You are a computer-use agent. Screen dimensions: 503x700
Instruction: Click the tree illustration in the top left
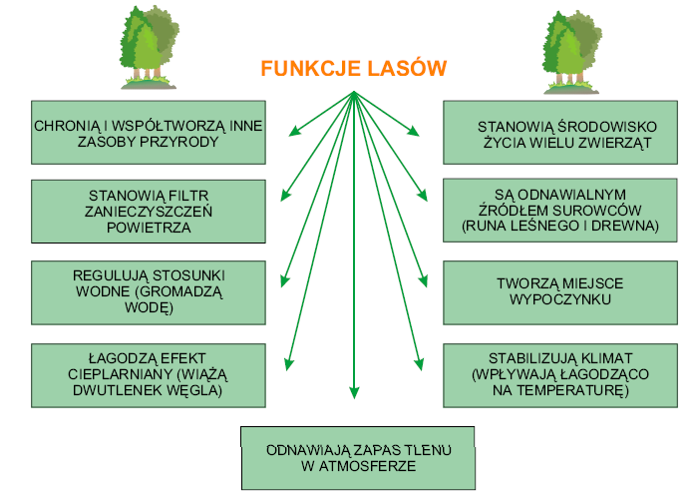point(147,44)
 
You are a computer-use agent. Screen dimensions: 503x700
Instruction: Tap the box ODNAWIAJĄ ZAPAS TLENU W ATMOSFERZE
point(359,458)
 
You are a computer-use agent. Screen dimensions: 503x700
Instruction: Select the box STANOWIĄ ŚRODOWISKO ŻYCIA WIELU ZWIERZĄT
point(563,134)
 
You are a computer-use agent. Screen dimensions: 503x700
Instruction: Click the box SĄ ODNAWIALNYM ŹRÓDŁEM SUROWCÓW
point(563,211)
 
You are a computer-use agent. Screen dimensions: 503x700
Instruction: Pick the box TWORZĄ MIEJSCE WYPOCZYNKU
point(563,291)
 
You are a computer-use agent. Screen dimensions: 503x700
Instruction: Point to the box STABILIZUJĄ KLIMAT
point(563,374)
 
